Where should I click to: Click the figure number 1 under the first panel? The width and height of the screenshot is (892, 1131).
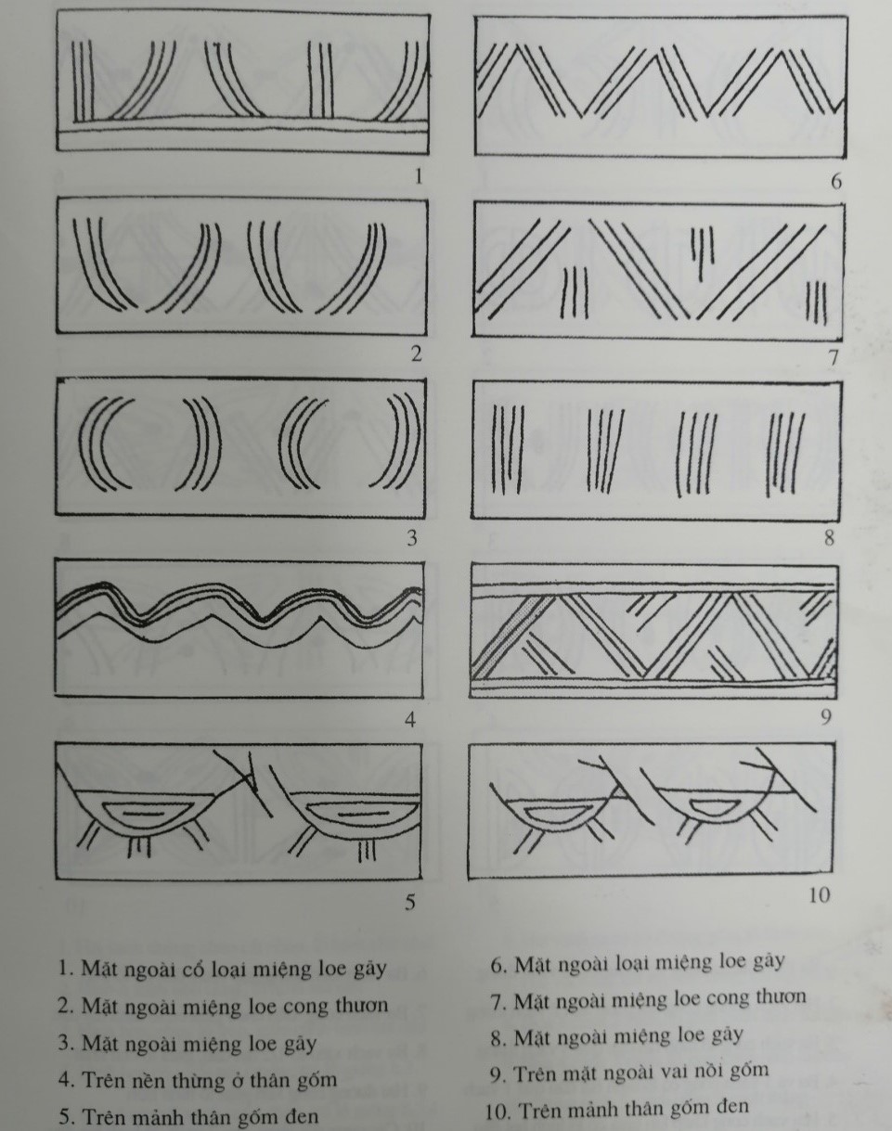click(x=418, y=175)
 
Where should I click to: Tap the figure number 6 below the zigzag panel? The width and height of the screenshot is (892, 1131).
click(x=836, y=181)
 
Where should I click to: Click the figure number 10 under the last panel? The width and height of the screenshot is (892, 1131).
click(x=818, y=896)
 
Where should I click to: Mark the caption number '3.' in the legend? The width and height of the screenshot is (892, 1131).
click(x=64, y=1043)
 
